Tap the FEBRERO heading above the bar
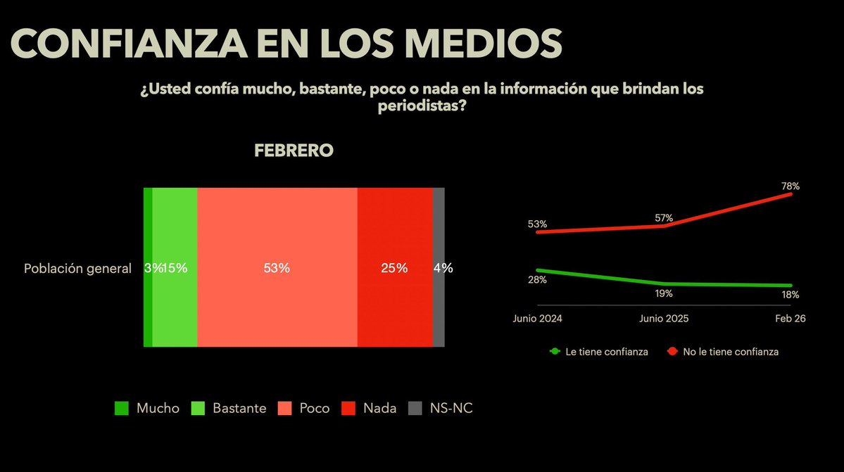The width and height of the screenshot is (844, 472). (x=294, y=151)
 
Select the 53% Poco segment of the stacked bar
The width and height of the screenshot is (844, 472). (x=277, y=267)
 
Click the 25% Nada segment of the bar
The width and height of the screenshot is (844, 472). (x=394, y=267)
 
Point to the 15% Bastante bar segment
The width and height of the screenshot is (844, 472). (x=175, y=267)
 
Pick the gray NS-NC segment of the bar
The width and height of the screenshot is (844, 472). (x=439, y=267)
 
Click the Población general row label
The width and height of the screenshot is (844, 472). (x=77, y=268)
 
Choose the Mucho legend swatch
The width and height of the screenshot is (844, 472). (x=122, y=409)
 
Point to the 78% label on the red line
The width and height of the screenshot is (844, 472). (x=790, y=186)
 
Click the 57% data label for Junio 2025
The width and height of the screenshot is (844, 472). (x=664, y=218)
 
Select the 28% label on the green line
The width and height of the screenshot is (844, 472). (x=538, y=280)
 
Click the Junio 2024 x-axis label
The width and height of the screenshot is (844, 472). (x=538, y=318)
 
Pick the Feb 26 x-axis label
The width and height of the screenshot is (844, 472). (x=791, y=318)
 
